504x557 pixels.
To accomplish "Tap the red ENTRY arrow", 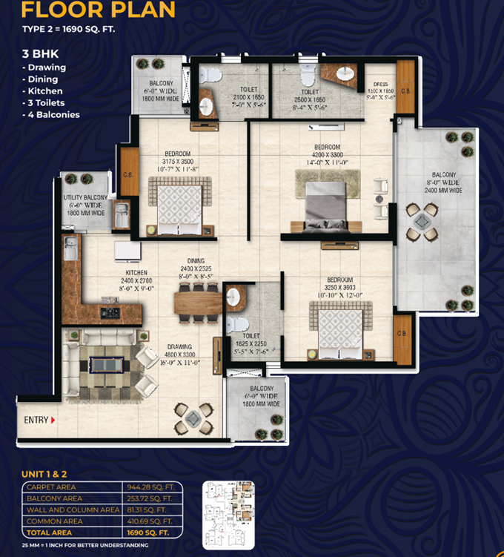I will pos(53,421).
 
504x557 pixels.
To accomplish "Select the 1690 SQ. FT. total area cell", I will pos(148,533).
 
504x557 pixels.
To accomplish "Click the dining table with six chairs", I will pos(197,303).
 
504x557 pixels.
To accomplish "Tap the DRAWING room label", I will pos(179,346).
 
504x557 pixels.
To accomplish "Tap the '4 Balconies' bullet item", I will pos(50,115).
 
